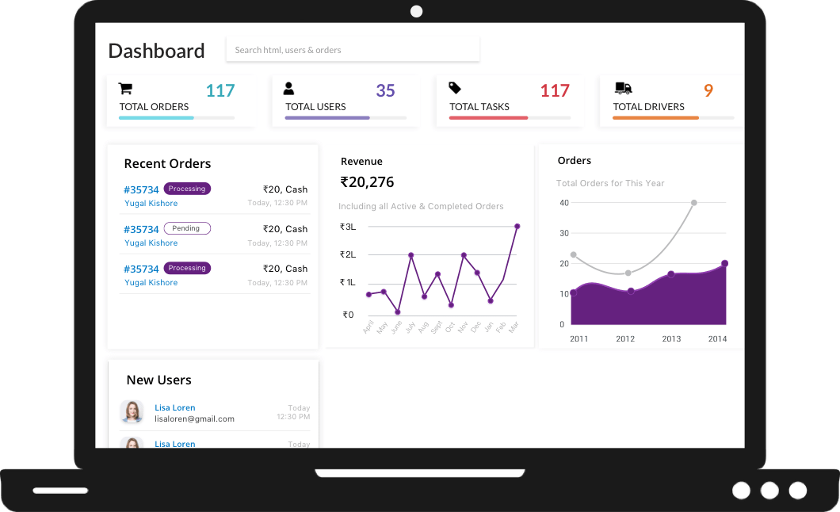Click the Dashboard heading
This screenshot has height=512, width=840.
click(156, 51)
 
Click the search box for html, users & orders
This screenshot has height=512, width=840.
click(353, 50)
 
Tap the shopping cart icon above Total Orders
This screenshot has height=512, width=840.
click(125, 89)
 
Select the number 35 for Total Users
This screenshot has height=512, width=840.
click(385, 91)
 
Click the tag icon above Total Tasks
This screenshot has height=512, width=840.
click(455, 88)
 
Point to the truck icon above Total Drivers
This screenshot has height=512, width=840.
click(623, 89)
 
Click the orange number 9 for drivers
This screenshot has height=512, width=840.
click(708, 91)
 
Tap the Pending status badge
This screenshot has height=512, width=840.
click(187, 228)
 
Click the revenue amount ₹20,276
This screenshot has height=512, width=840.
click(367, 182)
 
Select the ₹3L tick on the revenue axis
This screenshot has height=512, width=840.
click(347, 227)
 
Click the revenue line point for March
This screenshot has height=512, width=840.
click(517, 227)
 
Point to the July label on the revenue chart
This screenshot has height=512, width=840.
click(410, 326)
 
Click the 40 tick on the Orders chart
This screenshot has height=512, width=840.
click(564, 203)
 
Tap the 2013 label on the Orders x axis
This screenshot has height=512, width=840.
click(671, 339)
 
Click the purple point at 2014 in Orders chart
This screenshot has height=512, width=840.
click(724, 264)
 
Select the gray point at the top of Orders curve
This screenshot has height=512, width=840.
click(694, 203)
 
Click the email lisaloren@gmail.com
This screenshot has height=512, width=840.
click(194, 418)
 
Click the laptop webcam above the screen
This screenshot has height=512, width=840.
click(416, 11)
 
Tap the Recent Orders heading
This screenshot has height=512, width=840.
click(167, 164)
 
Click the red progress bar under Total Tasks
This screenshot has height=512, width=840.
click(488, 118)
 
